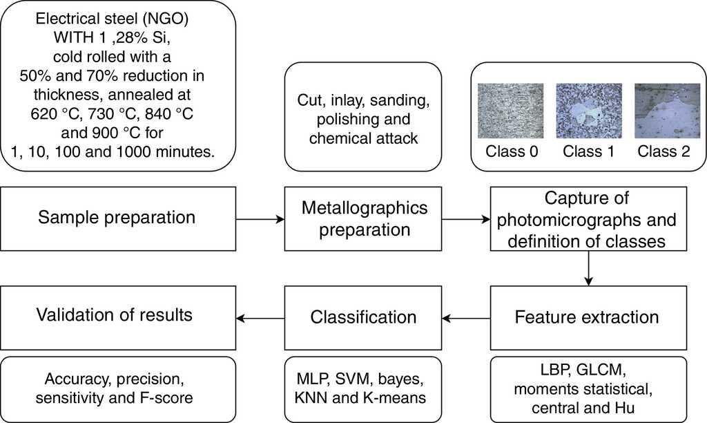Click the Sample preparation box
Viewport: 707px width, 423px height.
tap(118, 218)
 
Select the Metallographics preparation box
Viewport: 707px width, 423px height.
tap(364, 218)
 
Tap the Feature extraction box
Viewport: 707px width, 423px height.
tap(587, 317)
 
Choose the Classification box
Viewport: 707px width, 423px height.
tap(364, 317)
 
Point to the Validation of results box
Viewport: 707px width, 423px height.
tap(118, 315)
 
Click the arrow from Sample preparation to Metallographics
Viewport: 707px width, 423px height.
tap(260, 219)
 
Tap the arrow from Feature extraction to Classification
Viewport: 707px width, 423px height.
tap(467, 318)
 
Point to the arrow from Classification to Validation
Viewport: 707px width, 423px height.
tap(260, 318)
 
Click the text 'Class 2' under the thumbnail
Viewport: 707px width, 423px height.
tap(663, 152)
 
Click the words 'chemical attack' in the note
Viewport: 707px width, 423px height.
tap(364, 138)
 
